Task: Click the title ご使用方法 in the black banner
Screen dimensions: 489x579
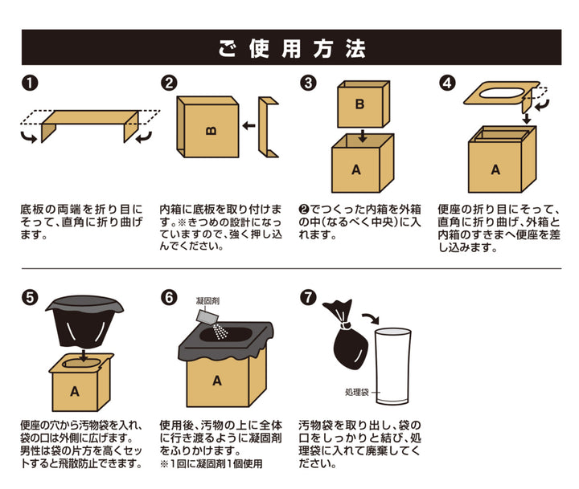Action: pos(289,47)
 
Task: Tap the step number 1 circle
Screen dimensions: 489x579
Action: pos(28,83)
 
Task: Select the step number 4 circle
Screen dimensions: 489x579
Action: pos(448,83)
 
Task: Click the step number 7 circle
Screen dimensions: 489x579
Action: pos(308,296)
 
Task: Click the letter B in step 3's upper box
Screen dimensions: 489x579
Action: pos(359,104)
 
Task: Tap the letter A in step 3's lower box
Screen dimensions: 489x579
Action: pos(359,169)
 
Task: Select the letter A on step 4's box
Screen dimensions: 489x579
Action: pos(495,169)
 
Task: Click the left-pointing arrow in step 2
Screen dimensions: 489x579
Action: pos(249,125)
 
